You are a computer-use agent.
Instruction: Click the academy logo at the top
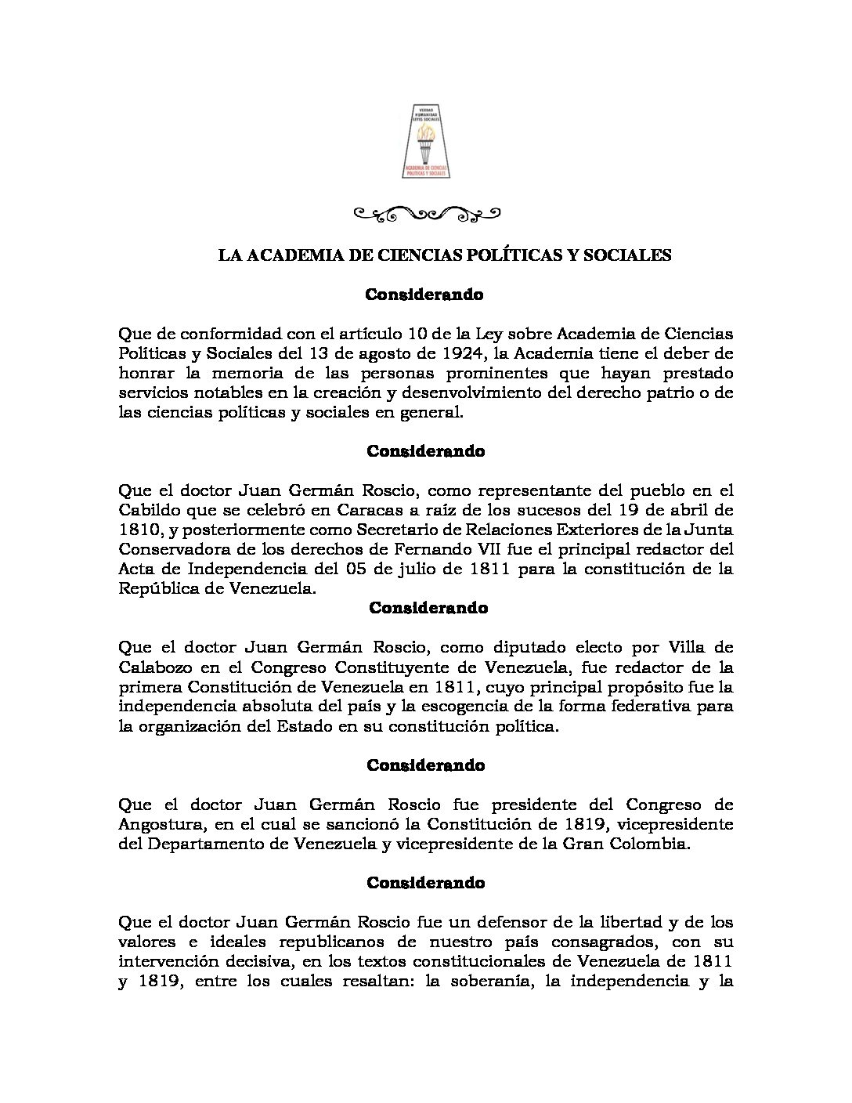[x=426, y=141]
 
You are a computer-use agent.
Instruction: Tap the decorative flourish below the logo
[x=426, y=212]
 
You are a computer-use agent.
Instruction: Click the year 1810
[x=135, y=530]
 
